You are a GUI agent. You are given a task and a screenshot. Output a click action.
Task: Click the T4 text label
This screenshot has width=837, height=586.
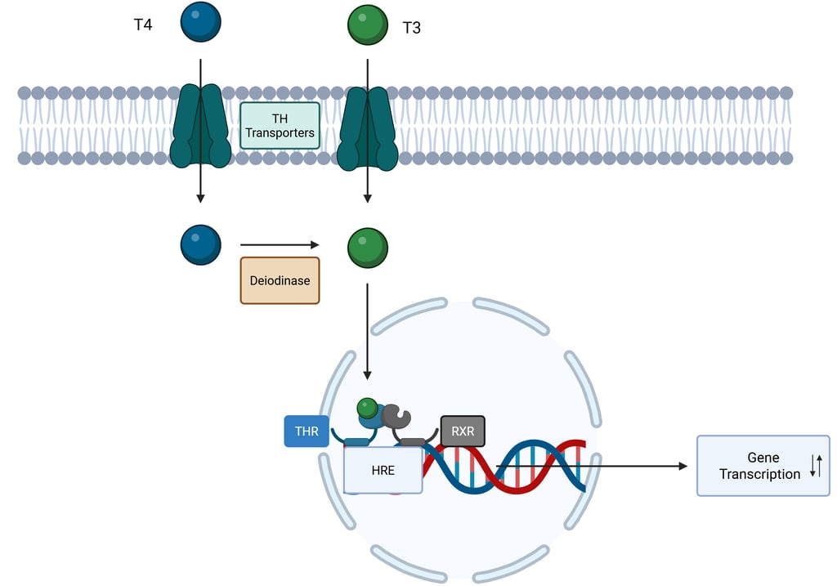(x=143, y=25)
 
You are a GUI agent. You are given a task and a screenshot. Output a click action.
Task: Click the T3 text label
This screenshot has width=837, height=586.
(x=412, y=29)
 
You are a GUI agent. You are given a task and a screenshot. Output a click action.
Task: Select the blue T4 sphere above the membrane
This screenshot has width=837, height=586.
(x=201, y=22)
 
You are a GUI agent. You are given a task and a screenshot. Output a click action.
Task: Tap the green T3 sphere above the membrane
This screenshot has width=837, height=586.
(x=368, y=25)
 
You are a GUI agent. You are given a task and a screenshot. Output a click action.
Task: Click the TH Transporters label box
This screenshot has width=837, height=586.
(x=280, y=126)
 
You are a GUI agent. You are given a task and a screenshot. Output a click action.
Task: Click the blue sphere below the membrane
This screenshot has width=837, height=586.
(x=201, y=245)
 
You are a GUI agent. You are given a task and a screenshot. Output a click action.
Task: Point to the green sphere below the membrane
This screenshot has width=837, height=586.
(x=368, y=247)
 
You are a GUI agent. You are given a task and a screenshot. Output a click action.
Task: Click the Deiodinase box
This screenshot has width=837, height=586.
(x=280, y=280)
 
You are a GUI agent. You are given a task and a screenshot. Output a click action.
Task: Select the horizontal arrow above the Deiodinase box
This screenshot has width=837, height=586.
(x=279, y=244)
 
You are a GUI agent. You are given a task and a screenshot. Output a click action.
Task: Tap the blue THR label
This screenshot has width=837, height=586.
(x=307, y=432)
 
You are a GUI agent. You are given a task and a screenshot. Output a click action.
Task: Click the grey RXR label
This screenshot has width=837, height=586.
(x=463, y=432)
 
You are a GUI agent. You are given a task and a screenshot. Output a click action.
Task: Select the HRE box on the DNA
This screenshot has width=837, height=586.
(x=383, y=470)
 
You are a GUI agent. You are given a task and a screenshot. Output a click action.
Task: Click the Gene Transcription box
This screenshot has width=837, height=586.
(x=762, y=466)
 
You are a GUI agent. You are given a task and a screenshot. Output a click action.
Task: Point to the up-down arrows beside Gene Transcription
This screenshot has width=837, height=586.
(x=815, y=466)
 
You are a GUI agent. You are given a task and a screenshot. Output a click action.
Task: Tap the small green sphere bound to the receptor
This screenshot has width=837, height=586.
(x=368, y=407)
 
